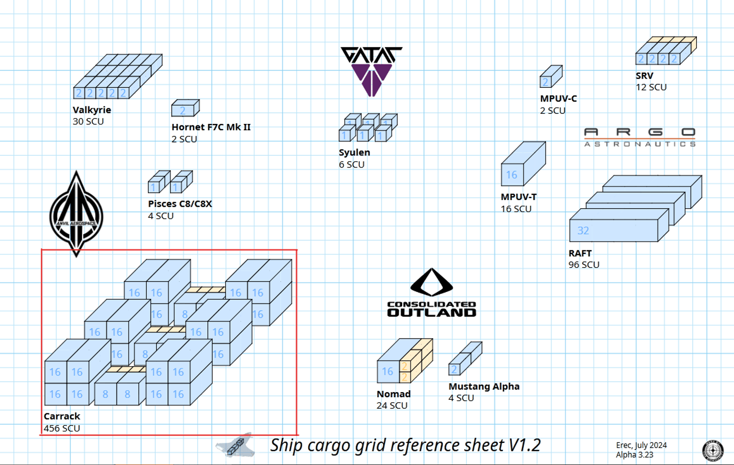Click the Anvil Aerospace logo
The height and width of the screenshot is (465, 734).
[76, 215]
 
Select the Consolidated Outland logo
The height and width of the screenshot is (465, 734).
[432, 293]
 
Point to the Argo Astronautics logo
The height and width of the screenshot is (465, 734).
[640, 137]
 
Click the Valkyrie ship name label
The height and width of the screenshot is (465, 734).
[92, 110]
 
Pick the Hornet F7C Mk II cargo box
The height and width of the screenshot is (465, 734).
[185, 108]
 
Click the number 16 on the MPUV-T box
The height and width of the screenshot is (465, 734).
[511, 175]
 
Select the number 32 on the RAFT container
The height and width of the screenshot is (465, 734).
[583, 231]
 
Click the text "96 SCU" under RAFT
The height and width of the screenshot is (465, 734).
[584, 265]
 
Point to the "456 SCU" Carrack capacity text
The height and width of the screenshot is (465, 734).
[62, 428]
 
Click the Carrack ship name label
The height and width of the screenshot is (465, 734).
[62, 416]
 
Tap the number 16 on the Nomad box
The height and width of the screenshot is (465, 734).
[388, 372]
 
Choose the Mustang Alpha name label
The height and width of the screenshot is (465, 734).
[484, 387]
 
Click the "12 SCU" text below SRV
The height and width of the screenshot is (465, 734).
[651, 87]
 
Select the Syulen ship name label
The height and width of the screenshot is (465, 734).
[354, 152]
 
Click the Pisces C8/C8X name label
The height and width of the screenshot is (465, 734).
[180, 204]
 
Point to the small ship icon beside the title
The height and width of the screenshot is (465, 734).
[236, 445]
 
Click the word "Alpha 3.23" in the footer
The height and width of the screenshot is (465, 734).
[634, 455]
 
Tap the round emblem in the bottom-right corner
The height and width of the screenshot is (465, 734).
[712, 450]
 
